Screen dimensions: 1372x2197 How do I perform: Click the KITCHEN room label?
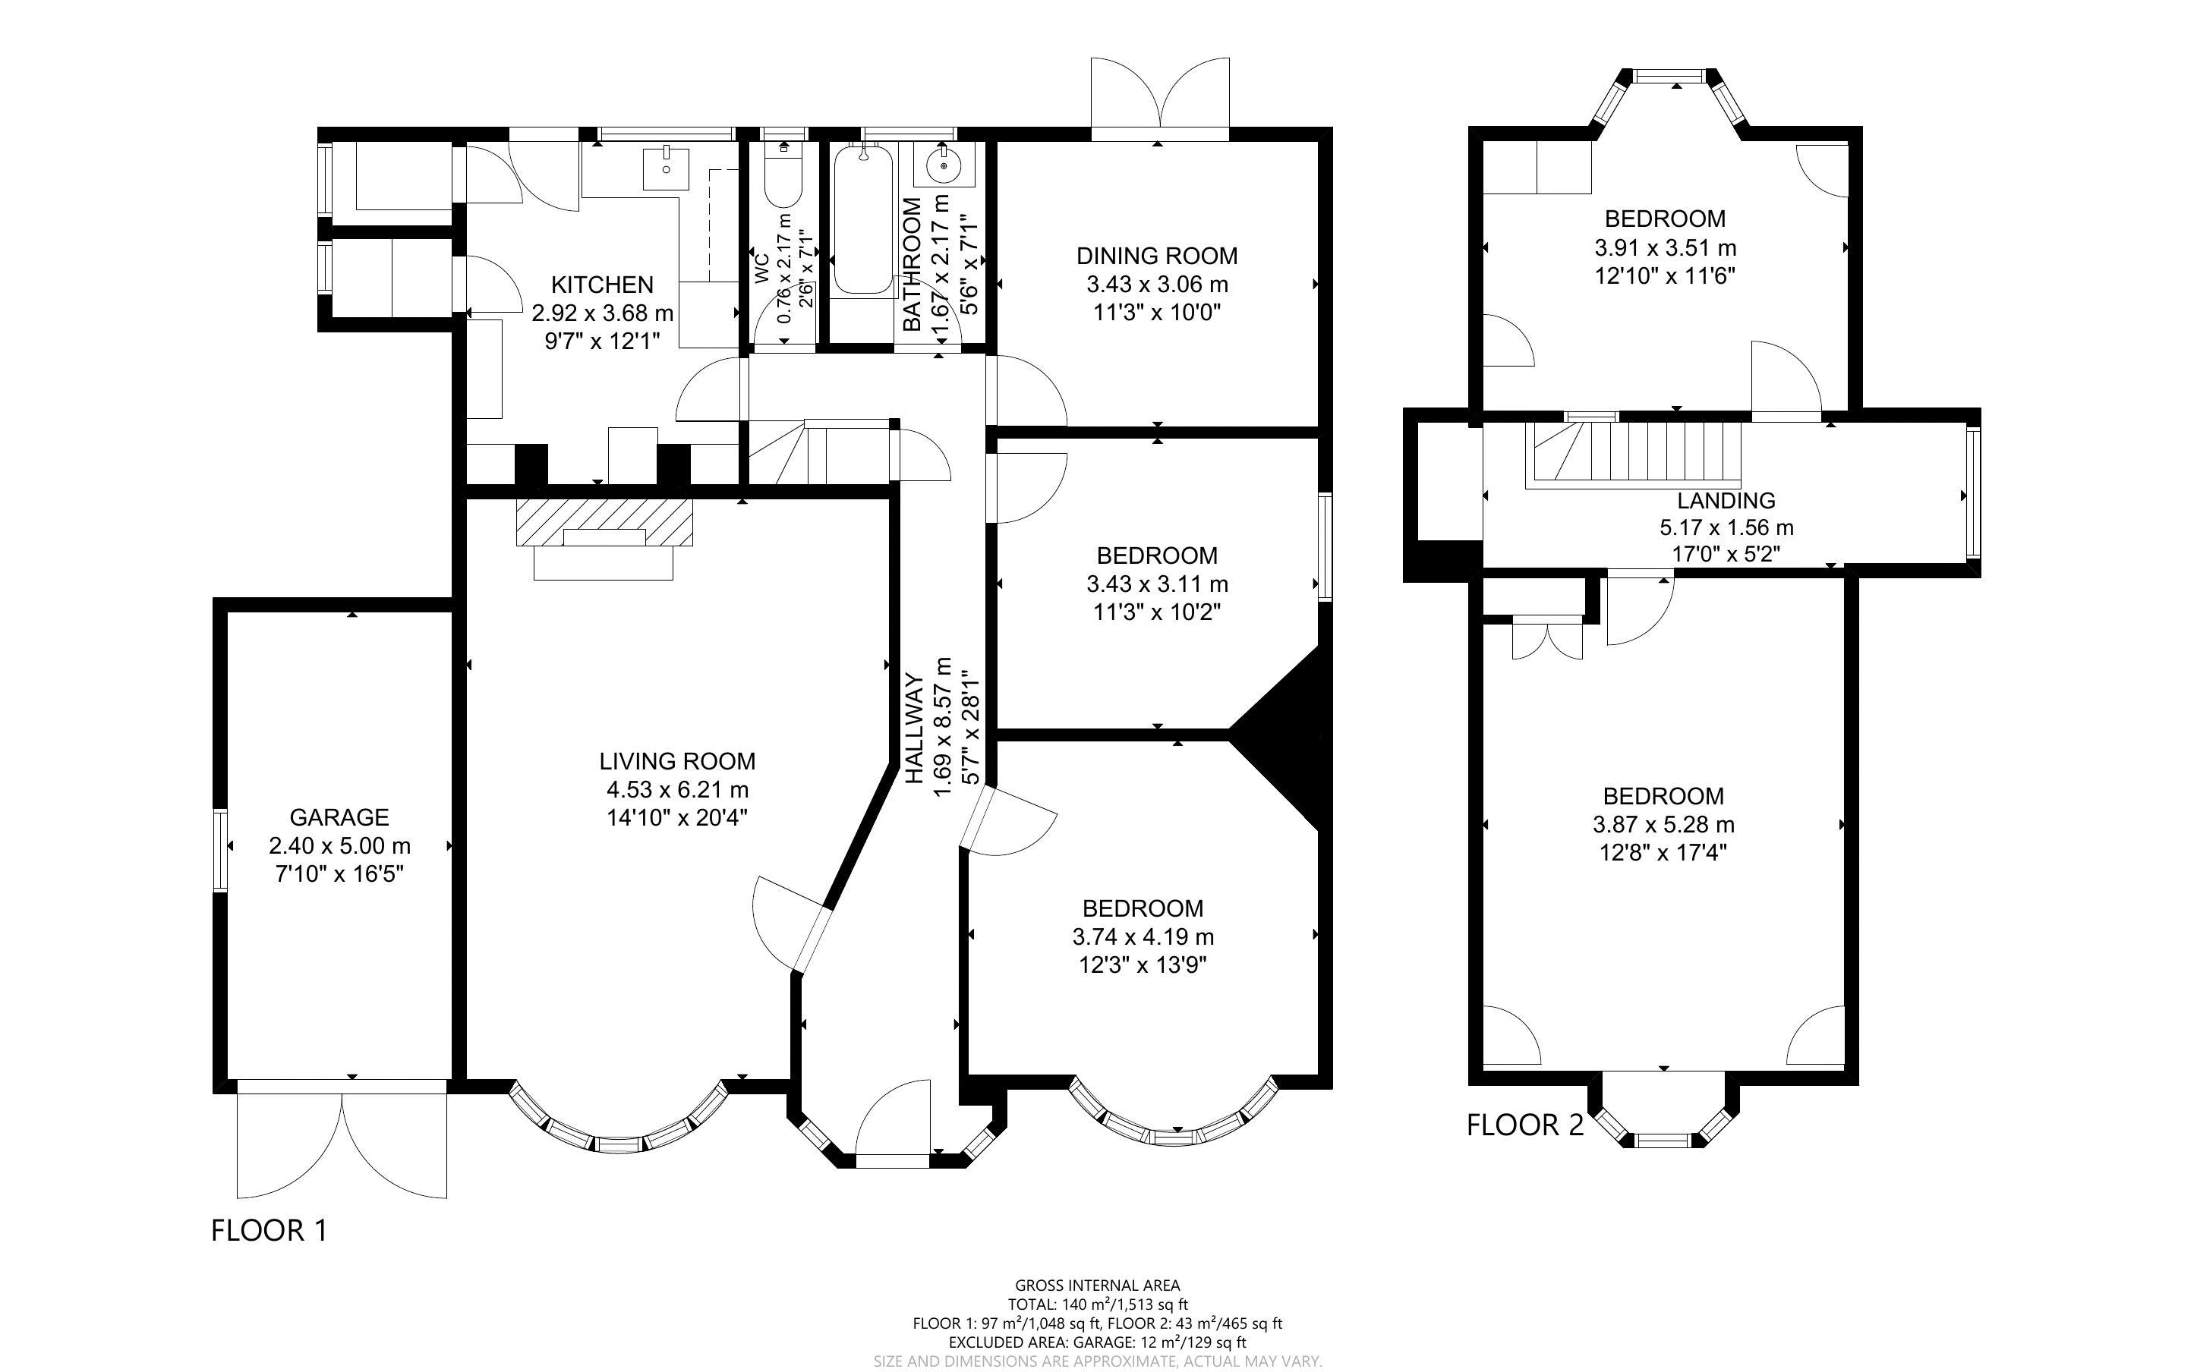602,285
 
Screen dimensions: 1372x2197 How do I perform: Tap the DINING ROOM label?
1157,256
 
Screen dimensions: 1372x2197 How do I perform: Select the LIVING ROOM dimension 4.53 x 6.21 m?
677,789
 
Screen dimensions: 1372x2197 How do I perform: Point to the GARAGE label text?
339,817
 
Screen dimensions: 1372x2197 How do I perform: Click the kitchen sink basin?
666,166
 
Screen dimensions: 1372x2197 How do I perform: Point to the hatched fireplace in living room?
604,522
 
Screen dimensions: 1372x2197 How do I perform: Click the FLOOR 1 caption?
269,1230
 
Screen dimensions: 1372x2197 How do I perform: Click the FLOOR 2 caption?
1524,1125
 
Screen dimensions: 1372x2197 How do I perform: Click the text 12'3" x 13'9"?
1143,964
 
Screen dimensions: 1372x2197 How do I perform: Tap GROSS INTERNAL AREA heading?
1096,1285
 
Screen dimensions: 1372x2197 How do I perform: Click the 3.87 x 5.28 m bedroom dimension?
1663,825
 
